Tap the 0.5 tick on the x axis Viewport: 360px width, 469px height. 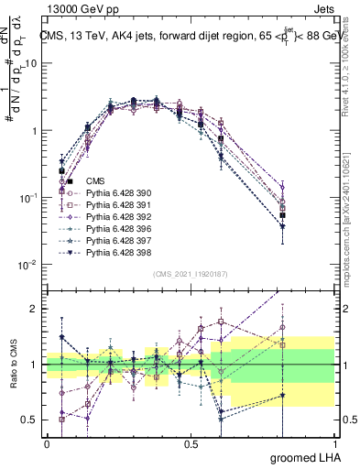(x=191, y=444)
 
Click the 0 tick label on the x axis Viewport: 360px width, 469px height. (x=47, y=444)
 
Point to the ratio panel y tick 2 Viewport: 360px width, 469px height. (x=34, y=309)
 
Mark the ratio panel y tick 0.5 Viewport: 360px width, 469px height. (x=30, y=420)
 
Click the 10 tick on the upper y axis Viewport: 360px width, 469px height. (x=31, y=63)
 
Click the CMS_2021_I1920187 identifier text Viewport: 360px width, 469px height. (x=191, y=274)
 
